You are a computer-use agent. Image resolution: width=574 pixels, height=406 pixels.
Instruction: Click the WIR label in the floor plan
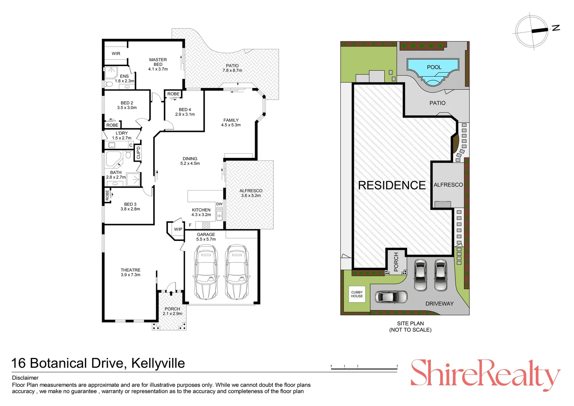(116, 54)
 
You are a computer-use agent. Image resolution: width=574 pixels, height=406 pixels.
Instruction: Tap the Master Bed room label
(158, 62)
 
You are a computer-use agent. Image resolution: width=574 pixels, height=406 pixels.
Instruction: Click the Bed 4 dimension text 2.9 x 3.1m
(185, 114)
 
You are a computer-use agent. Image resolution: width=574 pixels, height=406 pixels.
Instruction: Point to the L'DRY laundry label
(121, 133)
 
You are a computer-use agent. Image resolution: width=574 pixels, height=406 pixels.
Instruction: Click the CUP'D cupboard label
(138, 153)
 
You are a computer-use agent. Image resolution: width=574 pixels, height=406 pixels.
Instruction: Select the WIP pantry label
(178, 229)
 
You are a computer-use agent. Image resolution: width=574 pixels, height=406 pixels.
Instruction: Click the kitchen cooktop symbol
(206, 226)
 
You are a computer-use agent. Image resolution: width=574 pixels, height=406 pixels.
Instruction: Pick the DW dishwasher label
(219, 204)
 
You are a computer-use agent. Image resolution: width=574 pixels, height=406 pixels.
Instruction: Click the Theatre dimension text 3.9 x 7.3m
(130, 275)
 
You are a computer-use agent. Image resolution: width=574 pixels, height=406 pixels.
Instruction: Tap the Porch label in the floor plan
(172, 309)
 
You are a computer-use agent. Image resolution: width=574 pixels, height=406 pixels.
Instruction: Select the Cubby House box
(357, 294)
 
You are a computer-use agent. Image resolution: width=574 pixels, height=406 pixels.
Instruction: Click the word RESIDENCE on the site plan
(391, 185)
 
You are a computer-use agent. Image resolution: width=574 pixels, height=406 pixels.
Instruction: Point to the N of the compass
(556, 28)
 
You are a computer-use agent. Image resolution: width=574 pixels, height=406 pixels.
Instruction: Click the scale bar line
(364, 369)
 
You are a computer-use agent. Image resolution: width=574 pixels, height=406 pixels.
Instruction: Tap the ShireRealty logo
(486, 375)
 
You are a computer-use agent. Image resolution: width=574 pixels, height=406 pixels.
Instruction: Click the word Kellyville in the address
(158, 363)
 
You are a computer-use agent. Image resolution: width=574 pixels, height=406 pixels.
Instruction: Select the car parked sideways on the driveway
(391, 297)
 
